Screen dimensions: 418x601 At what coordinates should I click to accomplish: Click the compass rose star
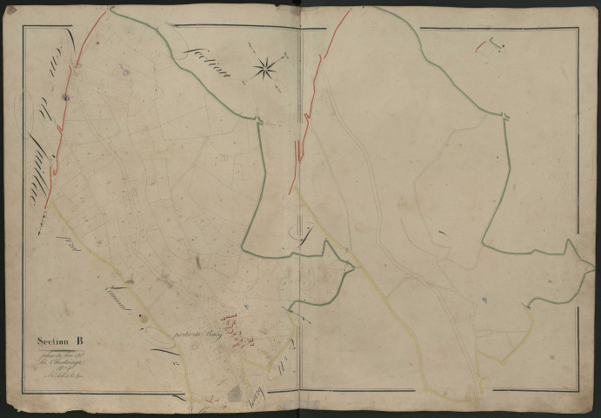[x=266, y=67]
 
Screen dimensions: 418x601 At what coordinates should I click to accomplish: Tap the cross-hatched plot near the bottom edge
[x=236, y=394]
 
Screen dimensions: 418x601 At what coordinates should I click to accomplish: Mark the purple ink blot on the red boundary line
[x=65, y=98]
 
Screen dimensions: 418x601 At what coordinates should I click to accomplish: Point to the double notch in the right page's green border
[x=504, y=116]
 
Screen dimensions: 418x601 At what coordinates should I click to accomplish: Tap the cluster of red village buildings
[x=234, y=327]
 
